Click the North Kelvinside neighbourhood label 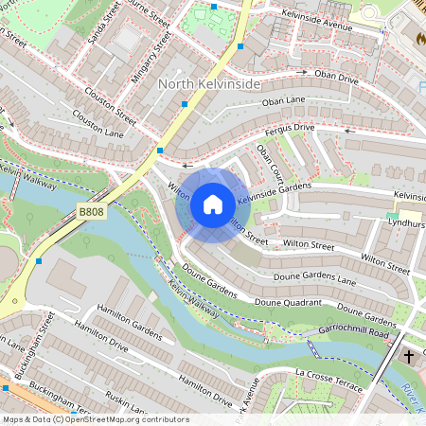click(208, 84)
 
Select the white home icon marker click(213, 204)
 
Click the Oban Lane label click(284, 99)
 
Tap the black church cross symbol click(409, 357)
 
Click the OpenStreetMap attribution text click(95, 419)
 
